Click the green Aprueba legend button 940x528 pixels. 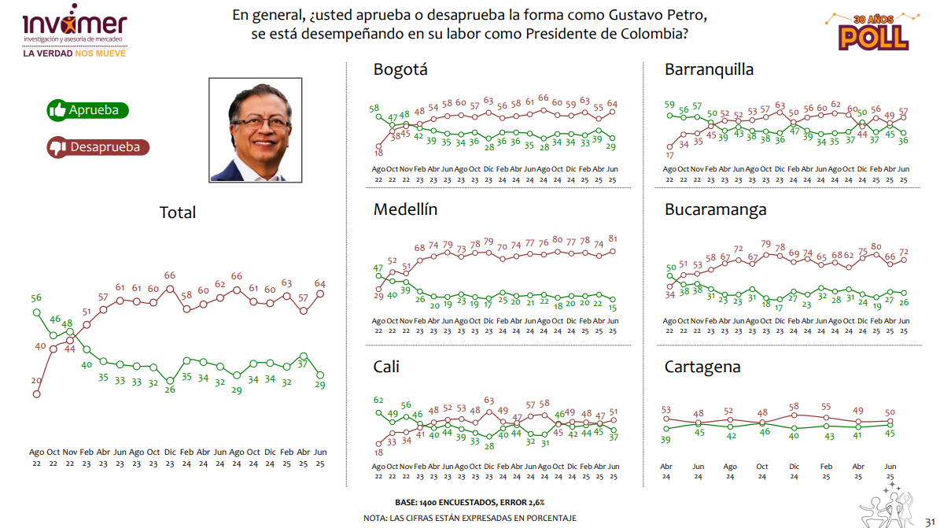pos(87,110)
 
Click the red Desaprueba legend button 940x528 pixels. pos(98,146)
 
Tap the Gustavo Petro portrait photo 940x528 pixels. pos(256,130)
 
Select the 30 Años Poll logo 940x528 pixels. pos(874,31)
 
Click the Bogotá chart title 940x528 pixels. pos(400,69)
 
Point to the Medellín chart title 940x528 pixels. pos(405,210)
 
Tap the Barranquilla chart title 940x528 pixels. pos(709,69)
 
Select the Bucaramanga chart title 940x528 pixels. pos(715,210)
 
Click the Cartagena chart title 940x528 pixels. pos(702,367)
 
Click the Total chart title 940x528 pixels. pos(178,212)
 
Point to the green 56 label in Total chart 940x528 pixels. pos(36,298)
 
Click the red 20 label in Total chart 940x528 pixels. pos(36,381)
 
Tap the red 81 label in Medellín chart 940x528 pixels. pos(613,239)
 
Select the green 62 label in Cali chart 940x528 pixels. pos(378,401)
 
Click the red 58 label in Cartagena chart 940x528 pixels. pos(794,406)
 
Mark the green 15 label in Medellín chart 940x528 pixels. pos(613,308)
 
